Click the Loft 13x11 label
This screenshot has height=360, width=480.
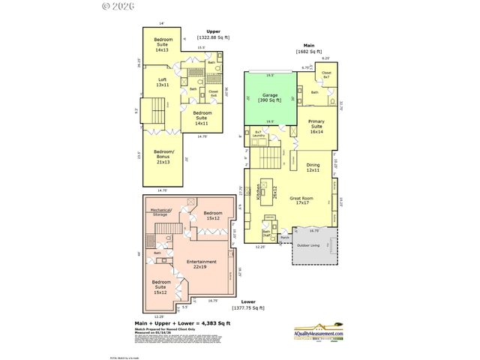click(x=161, y=82)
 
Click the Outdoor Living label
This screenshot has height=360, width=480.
click(x=308, y=245)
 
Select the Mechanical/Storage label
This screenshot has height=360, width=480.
click(x=162, y=212)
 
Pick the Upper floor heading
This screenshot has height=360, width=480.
click(x=212, y=31)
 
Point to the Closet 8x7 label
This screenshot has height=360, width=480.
click(x=326, y=76)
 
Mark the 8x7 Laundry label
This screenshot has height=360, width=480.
click(x=258, y=134)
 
